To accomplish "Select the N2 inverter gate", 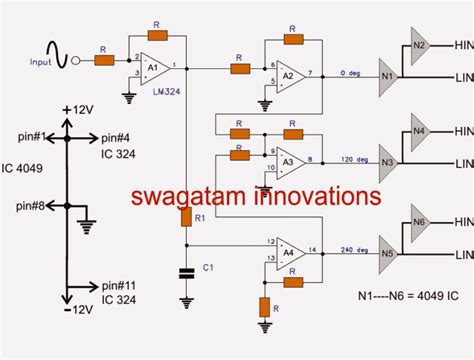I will [x=420, y=45].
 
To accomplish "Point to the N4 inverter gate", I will [x=420, y=130].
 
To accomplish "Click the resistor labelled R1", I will [x=185, y=216].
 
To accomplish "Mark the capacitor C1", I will [x=185, y=270].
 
